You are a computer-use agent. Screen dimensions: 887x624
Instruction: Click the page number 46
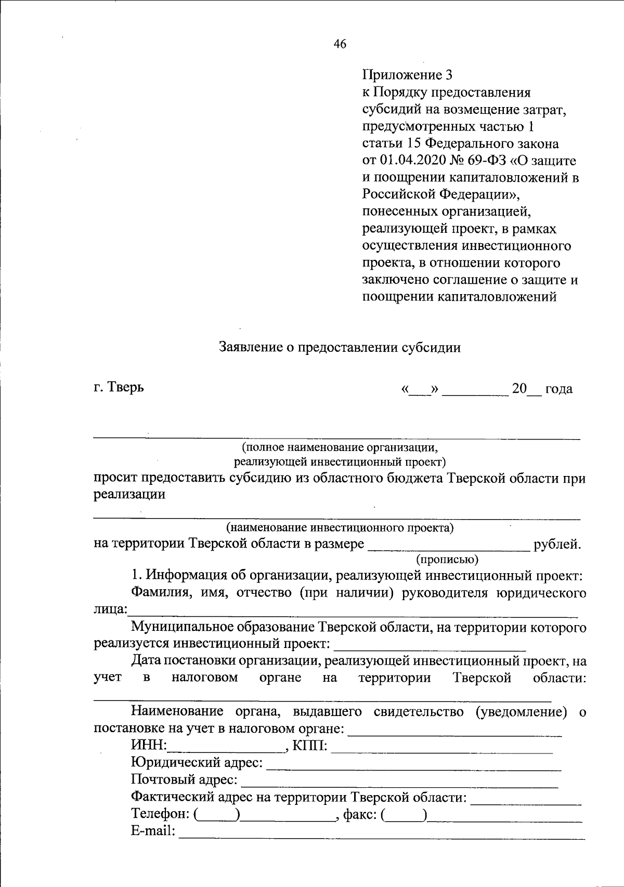coord(340,44)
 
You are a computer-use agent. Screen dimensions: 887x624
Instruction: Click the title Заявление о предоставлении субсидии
coord(340,347)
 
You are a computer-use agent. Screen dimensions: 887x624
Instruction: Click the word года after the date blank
coord(558,389)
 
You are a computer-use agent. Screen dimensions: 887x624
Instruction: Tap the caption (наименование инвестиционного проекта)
coord(340,528)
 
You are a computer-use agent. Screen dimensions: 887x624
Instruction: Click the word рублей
coord(557,545)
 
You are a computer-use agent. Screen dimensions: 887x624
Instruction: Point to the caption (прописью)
coord(447,559)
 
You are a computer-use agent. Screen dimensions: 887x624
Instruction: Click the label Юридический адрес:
coord(197,763)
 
